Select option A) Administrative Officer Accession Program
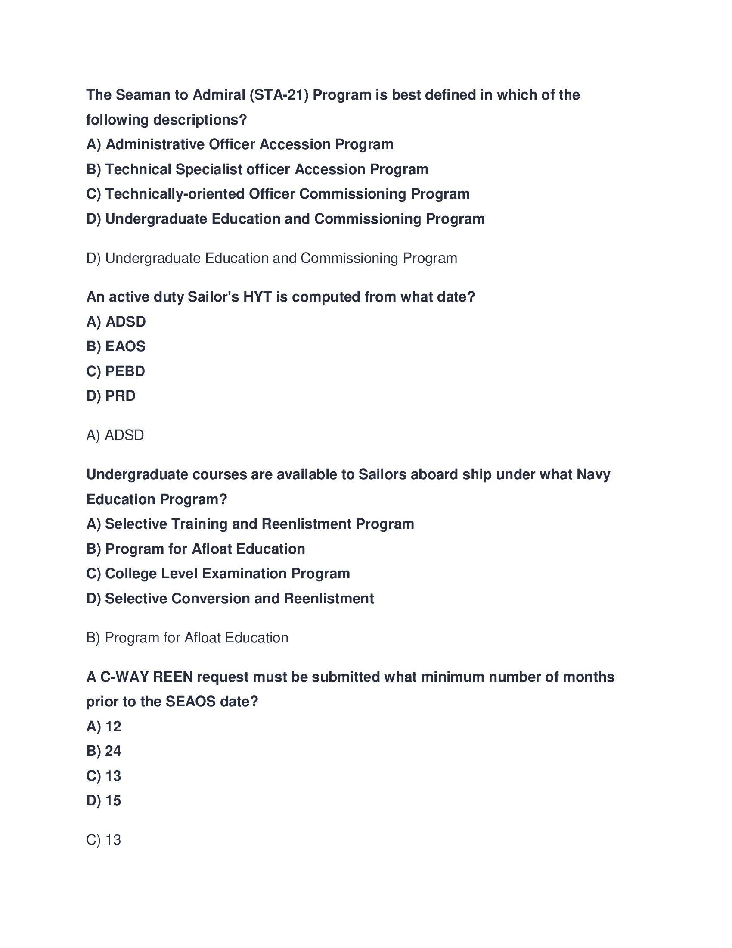pyautogui.click(x=240, y=144)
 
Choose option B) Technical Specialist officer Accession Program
pyautogui.click(x=257, y=169)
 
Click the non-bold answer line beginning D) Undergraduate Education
pyautogui.click(x=271, y=258)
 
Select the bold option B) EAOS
pyautogui.click(x=116, y=346)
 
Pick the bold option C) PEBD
pyautogui.click(x=116, y=371)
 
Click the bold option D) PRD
pyautogui.click(x=111, y=396)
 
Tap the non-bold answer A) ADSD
pyautogui.click(x=115, y=435)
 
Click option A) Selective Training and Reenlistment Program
pyautogui.click(x=250, y=524)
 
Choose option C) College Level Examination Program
pyautogui.click(x=218, y=574)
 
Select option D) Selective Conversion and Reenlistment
pyautogui.click(x=230, y=599)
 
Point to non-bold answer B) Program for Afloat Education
pyautogui.click(x=187, y=638)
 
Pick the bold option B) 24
pyautogui.click(x=104, y=751)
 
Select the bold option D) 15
pyautogui.click(x=104, y=801)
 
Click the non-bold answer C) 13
pyautogui.click(x=104, y=839)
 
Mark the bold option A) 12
pyautogui.click(x=104, y=726)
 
